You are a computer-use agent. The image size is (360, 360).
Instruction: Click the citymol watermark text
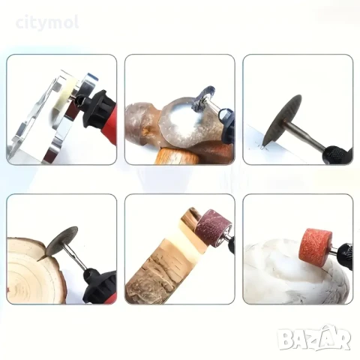[x=47, y=23]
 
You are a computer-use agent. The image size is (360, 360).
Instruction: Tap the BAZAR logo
[x=314, y=338]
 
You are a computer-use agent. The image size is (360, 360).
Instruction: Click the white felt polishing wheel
[x=64, y=95]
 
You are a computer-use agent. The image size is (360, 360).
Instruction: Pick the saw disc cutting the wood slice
[x=62, y=242]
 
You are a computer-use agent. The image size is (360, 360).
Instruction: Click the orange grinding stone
[x=316, y=245]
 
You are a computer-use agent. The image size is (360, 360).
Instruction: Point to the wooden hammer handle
[x=176, y=156]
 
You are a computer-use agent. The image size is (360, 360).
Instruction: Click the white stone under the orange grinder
[x=295, y=272]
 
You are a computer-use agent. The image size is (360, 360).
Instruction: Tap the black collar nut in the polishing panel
[x=96, y=109]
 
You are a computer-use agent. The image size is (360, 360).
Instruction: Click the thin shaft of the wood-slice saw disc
[x=74, y=256]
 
